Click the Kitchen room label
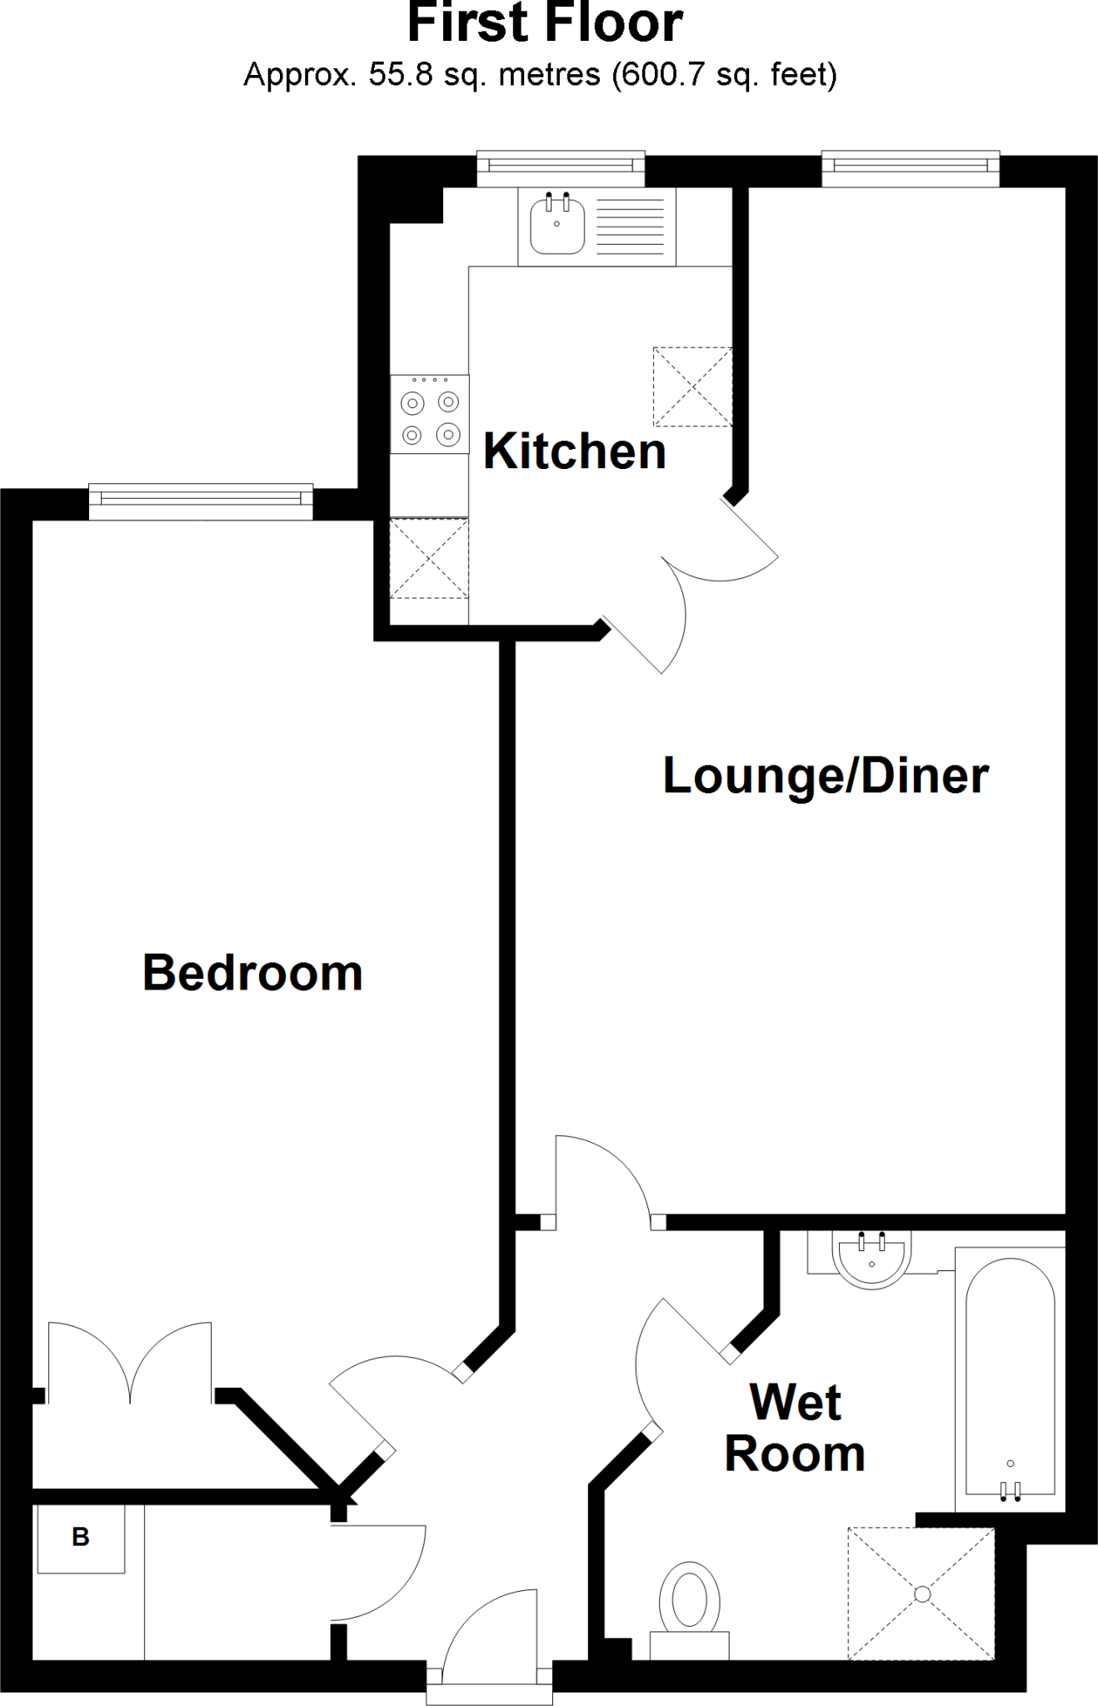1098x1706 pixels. click(x=574, y=451)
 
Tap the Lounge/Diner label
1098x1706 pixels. click(x=825, y=776)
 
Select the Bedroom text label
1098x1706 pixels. click(x=252, y=972)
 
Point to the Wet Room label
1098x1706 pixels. click(x=795, y=1429)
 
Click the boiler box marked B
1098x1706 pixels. click(x=81, y=1537)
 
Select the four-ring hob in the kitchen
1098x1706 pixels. click(x=430, y=415)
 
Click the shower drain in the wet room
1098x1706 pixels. click(x=921, y=1593)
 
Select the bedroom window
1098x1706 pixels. click(x=200, y=499)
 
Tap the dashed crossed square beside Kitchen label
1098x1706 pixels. click(x=692, y=387)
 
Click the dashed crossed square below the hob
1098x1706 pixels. click(x=429, y=558)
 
